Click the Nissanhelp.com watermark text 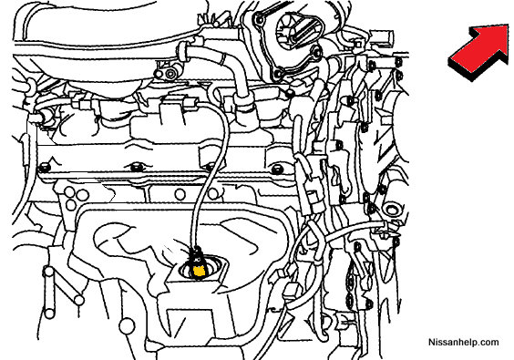pyautogui.click(x=464, y=342)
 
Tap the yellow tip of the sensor pyautogui.click(x=199, y=271)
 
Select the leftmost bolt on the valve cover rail pyautogui.click(x=45, y=168)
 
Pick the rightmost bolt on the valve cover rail pyautogui.click(x=276, y=170)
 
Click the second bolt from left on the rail pyautogui.click(x=137, y=167)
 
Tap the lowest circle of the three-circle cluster pyautogui.click(x=71, y=205)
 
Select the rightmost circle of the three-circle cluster pyautogui.click(x=83, y=195)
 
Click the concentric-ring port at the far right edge pyautogui.click(x=392, y=209)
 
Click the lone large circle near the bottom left pyautogui.click(x=126, y=325)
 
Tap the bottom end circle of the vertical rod pyautogui.click(x=49, y=314)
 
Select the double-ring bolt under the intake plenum pyautogui.click(x=170, y=74)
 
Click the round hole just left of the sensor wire pyautogui.click(x=180, y=194)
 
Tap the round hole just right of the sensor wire pyautogui.click(x=213, y=193)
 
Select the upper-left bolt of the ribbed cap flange pyautogui.click(x=260, y=20)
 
